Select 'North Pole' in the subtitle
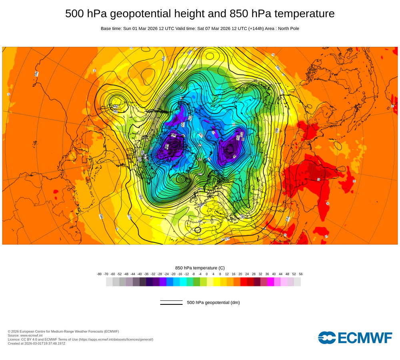pyautogui.click(x=286, y=28)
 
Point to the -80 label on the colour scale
pyautogui.click(x=99, y=274)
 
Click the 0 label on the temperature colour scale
pyautogui.click(x=207, y=274)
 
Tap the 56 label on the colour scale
pyautogui.click(x=301, y=274)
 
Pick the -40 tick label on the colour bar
pyautogui.click(x=140, y=274)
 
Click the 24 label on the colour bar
pyautogui.click(x=247, y=274)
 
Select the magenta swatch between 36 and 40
pyautogui.click(x=270, y=282)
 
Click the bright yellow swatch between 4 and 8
pyautogui.click(x=217, y=282)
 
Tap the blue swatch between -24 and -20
pyautogui.click(x=170, y=282)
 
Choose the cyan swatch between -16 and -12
pyautogui.click(x=183, y=282)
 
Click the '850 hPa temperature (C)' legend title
pyautogui.click(x=200, y=268)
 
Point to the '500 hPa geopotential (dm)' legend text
pyautogui.click(x=213, y=302)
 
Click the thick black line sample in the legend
pyautogui.click(x=171, y=304)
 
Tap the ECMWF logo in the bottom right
pyautogui.click(x=355, y=337)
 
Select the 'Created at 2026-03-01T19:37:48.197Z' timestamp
pyautogui.click(x=36, y=343)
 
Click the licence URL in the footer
pyautogui.click(x=116, y=339)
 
